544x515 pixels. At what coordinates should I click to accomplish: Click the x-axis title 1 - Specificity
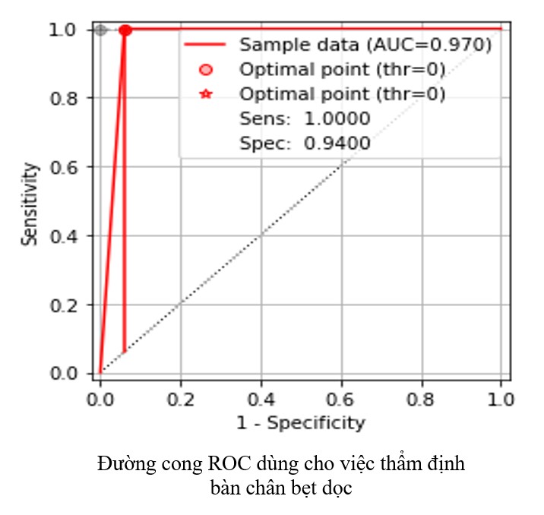[x=300, y=423]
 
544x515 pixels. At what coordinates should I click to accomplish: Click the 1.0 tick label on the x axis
[x=500, y=397]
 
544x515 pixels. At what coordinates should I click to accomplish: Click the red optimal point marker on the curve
[x=125, y=30]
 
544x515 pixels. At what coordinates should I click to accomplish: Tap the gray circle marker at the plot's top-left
[x=100, y=30]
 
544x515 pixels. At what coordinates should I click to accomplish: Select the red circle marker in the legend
[x=205, y=70]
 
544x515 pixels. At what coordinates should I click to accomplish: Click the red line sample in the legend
[x=205, y=45]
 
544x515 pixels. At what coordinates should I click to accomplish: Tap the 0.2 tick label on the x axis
[x=180, y=397]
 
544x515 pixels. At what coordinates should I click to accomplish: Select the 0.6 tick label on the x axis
[x=340, y=397]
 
